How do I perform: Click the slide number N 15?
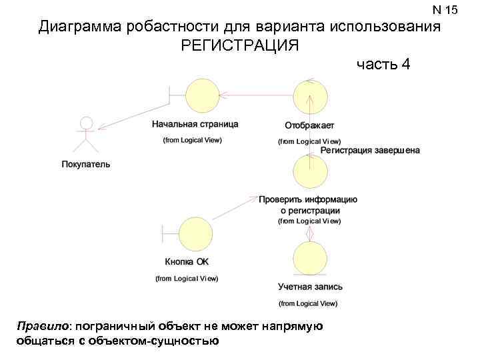445,9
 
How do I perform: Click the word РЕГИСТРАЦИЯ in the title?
240,46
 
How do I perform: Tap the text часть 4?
383,65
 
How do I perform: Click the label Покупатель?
86,164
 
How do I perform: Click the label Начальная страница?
195,124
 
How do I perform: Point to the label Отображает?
309,125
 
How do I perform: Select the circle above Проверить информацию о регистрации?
310,171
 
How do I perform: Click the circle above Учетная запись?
310,258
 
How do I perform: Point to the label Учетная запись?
310,287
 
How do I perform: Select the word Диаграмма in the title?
81,27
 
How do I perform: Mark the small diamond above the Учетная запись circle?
309,235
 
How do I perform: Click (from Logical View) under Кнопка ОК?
187,279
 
